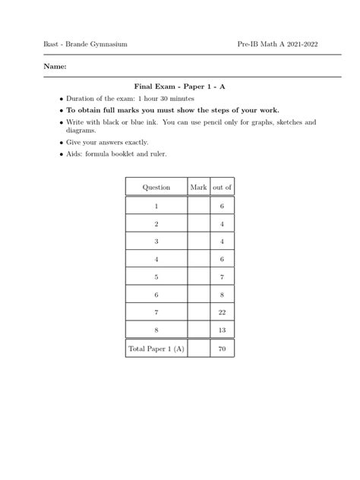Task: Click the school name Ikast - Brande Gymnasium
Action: [x=75, y=45]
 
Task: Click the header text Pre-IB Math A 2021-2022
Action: [x=277, y=45]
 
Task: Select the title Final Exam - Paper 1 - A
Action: [x=179, y=87]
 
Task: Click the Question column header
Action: [x=157, y=186]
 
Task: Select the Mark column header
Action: [x=199, y=186]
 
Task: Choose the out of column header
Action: [x=223, y=186]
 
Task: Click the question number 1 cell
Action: [x=156, y=206]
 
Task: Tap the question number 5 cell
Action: [x=156, y=277]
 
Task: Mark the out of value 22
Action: [x=223, y=313]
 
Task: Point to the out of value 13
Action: [x=223, y=330]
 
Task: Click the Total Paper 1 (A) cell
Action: [x=157, y=349]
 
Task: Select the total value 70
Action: [x=223, y=349]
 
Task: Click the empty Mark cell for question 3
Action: [x=199, y=242]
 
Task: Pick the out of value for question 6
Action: [x=223, y=295]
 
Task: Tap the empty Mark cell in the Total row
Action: [x=199, y=349]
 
